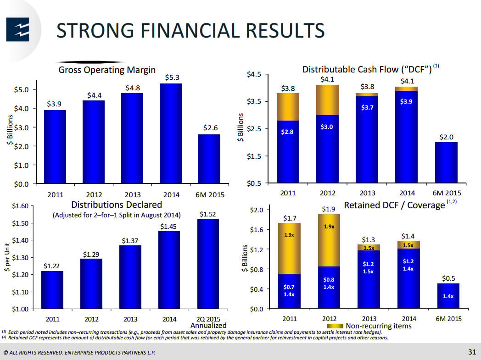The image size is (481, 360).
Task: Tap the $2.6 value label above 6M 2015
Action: point(210,128)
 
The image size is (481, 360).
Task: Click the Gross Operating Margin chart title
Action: point(107,70)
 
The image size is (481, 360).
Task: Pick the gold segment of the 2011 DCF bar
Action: point(288,107)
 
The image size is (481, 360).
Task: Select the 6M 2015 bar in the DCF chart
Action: point(446,162)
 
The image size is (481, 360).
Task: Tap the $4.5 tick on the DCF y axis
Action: point(255,74)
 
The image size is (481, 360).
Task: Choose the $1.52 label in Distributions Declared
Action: point(208,214)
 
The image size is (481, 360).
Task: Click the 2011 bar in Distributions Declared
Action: point(52,289)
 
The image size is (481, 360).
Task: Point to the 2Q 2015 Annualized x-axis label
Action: point(208,322)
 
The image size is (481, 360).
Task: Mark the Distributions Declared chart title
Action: point(117,205)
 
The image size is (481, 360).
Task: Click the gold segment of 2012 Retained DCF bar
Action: point(329,240)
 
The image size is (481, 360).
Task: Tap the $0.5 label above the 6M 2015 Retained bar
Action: point(448,278)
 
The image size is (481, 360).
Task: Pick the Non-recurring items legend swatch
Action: point(333,326)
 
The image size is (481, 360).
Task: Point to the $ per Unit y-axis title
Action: point(7,257)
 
